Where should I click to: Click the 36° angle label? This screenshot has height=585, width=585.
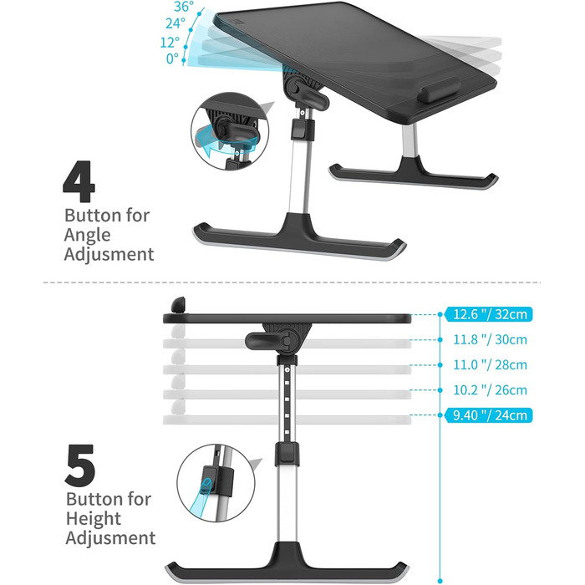pyautogui.click(x=184, y=7)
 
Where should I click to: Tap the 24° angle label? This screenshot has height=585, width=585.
pyautogui.click(x=175, y=23)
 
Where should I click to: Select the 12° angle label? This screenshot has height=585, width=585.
pyautogui.click(x=170, y=42)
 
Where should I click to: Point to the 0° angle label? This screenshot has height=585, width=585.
pyautogui.click(x=172, y=58)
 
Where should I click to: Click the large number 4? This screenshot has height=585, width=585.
pyautogui.click(x=79, y=181)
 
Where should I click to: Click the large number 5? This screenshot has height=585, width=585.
pyautogui.click(x=80, y=465)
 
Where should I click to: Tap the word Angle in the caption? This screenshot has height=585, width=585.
pyautogui.click(x=87, y=236)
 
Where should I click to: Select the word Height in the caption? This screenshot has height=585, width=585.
pyautogui.click(x=94, y=519)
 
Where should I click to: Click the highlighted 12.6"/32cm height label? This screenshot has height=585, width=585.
pyautogui.click(x=488, y=314)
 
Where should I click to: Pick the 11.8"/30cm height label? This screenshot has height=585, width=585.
pyautogui.click(x=490, y=339)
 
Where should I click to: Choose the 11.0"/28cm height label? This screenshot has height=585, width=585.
pyautogui.click(x=490, y=364)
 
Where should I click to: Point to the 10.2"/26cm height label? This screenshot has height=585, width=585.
pyautogui.click(x=490, y=390)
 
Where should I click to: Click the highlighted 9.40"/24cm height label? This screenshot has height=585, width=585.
pyautogui.click(x=488, y=415)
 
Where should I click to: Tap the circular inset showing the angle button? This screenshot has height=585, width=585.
pyautogui.click(x=230, y=131)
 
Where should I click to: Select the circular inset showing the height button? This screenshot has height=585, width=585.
pyautogui.click(x=216, y=483)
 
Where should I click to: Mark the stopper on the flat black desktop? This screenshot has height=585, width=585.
pyautogui.click(x=178, y=305)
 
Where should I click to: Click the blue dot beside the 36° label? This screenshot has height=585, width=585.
pyautogui.click(x=200, y=14)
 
